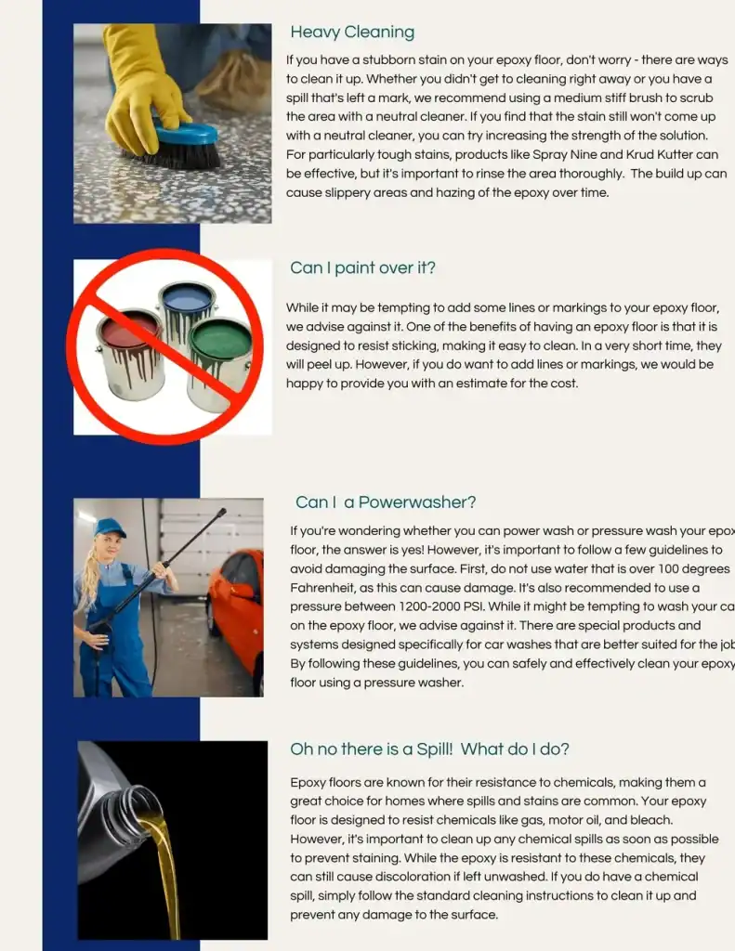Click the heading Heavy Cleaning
tap(352, 33)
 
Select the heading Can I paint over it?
tap(362, 268)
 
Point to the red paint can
tap(130, 353)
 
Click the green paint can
tap(220, 362)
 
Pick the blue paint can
tap(187, 312)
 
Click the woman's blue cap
tap(109, 527)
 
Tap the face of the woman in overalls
tap(111, 547)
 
